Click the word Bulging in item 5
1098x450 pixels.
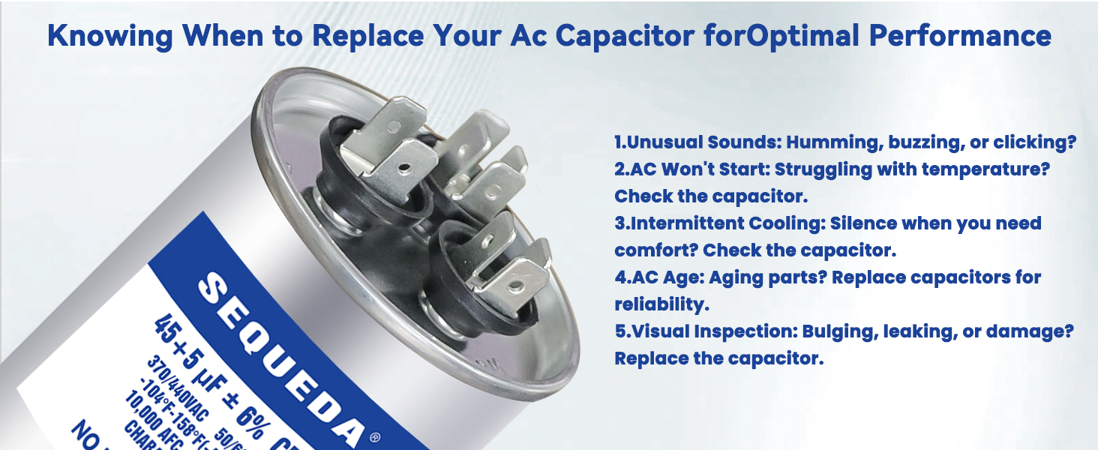(840, 331)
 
